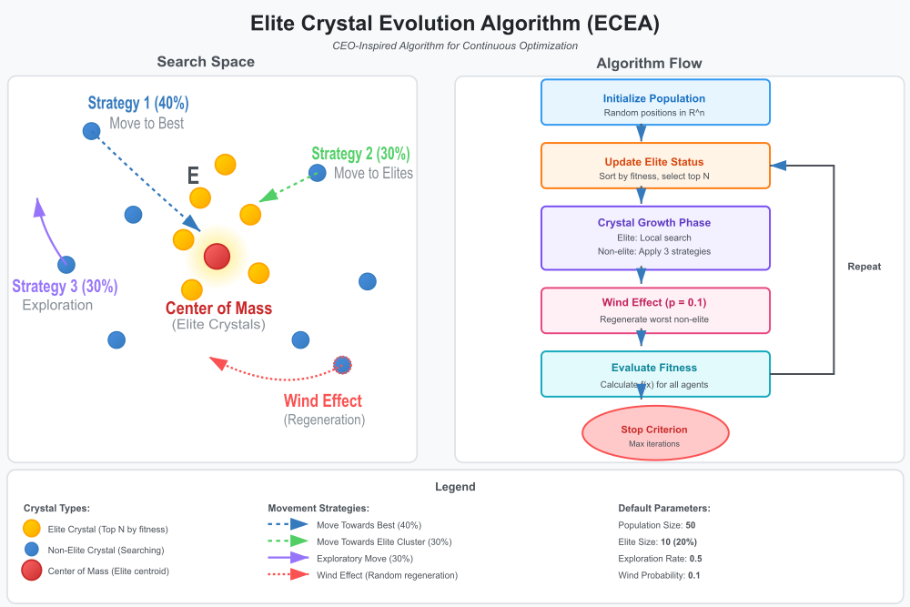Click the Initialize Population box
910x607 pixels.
[x=655, y=102]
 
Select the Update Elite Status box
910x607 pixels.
[x=655, y=166]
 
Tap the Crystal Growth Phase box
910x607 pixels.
[x=655, y=238]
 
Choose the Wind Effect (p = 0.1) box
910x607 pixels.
[x=655, y=309]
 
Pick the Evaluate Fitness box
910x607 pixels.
[x=655, y=374]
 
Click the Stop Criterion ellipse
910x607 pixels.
[x=655, y=434]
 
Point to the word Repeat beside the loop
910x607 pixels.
[x=864, y=268]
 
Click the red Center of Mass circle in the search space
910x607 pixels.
[x=217, y=257]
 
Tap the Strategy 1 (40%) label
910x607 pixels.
[x=138, y=104]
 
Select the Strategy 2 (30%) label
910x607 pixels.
[x=360, y=154]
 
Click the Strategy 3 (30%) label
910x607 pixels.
[x=65, y=287]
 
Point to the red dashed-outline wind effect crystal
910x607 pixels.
[x=342, y=365]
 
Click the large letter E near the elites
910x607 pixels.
[x=193, y=177]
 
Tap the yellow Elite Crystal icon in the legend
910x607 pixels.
[x=32, y=529]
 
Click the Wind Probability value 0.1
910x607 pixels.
[x=693, y=575]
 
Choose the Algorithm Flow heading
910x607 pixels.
[x=649, y=63]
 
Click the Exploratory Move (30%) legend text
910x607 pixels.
[x=363, y=559]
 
